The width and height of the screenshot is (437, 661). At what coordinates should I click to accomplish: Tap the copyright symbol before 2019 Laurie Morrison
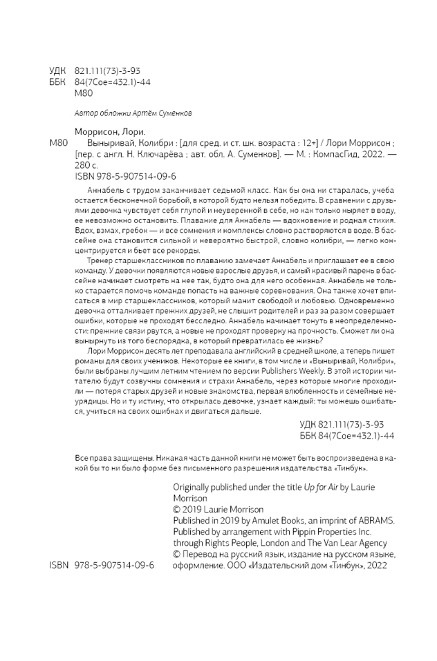(x=176, y=510)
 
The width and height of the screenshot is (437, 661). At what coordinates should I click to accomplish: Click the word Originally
(x=194, y=487)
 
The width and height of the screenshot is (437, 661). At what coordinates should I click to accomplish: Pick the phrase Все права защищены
(x=115, y=458)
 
